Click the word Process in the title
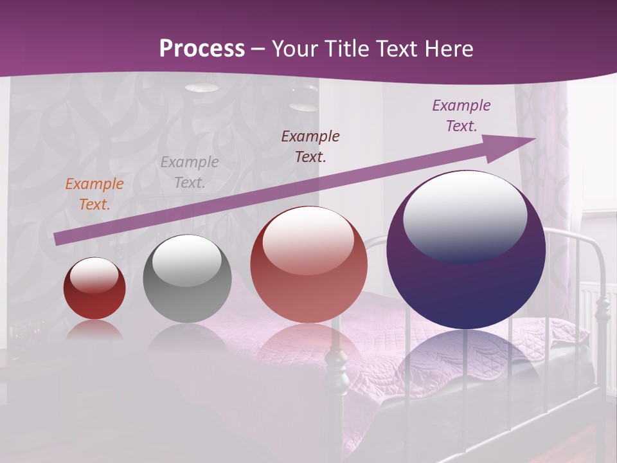[202, 48]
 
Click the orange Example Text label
[94, 194]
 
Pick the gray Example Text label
[189, 172]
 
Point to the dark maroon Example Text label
[310, 146]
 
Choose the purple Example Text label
[461, 116]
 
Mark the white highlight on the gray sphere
[187, 260]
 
